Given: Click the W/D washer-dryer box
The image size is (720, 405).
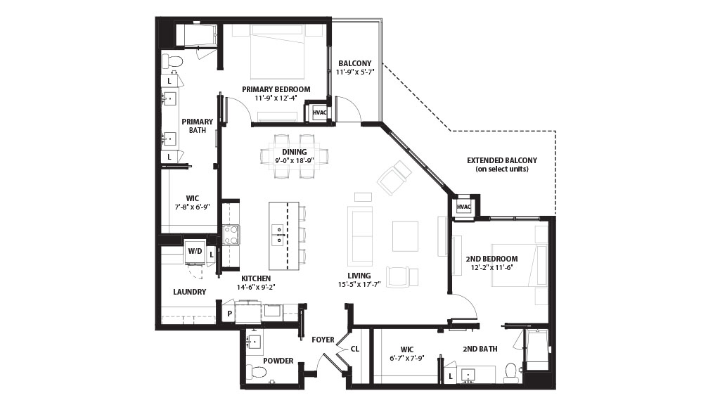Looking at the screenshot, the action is [x=195, y=252].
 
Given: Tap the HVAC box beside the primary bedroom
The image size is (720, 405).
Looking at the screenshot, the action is [x=320, y=112].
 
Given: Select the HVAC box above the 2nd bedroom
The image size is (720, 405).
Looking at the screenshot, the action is [x=464, y=207].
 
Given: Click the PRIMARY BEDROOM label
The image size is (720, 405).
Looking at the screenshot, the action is [x=276, y=89].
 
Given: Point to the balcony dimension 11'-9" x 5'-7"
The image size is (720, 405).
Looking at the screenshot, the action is [x=355, y=72].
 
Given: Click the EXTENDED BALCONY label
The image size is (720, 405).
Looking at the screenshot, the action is [x=502, y=160].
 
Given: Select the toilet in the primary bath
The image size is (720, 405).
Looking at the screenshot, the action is [x=173, y=61].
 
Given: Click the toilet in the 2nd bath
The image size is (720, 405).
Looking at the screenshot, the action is [x=510, y=373].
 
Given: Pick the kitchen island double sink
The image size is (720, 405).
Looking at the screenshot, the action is [x=278, y=235].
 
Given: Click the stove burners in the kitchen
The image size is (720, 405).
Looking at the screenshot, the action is [x=231, y=235].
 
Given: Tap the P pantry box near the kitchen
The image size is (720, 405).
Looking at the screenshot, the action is [x=229, y=314].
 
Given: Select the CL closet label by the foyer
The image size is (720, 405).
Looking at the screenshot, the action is [x=355, y=349].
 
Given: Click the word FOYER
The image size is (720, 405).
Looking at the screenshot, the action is [x=323, y=340].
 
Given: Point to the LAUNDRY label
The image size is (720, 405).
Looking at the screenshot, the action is [x=190, y=292].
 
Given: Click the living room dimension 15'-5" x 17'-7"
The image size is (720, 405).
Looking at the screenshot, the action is [x=359, y=284].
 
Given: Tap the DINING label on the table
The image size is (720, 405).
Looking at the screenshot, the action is [x=295, y=152].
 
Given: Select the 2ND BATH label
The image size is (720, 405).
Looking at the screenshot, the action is [x=480, y=349].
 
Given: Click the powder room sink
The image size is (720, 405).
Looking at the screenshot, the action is [x=253, y=342].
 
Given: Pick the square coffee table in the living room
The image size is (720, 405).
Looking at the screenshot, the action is [x=406, y=236].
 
